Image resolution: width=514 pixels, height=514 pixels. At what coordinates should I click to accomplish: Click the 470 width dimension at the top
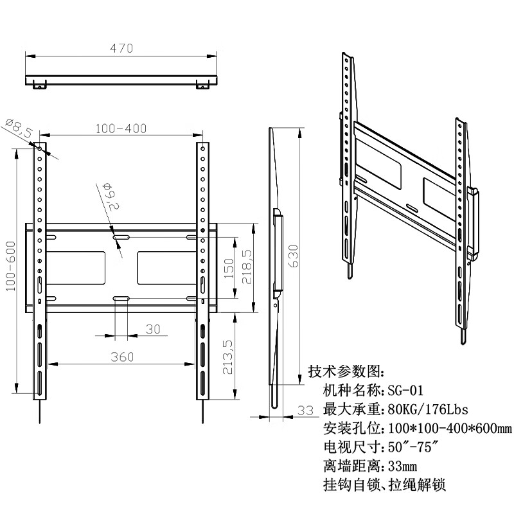click(120, 48)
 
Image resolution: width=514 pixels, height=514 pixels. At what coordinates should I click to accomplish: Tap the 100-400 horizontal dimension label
click(121, 128)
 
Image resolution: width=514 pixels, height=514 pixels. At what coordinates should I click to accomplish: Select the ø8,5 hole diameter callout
click(19, 127)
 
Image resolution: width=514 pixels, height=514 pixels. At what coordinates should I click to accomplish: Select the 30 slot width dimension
click(152, 329)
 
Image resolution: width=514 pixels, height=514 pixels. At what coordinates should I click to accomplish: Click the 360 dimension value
click(122, 357)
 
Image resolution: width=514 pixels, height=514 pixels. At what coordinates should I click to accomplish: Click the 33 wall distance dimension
click(306, 410)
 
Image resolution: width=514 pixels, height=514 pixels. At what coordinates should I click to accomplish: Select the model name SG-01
click(405, 391)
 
